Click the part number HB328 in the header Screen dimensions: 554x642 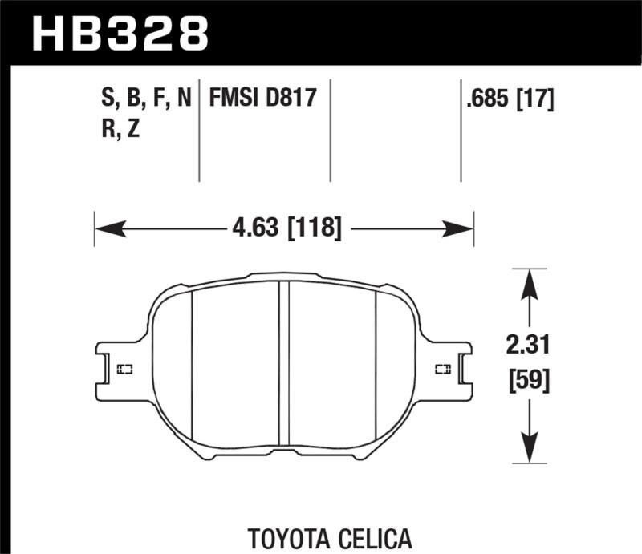click(x=119, y=34)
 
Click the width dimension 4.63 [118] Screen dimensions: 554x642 click(x=284, y=229)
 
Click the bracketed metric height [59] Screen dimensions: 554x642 click(x=527, y=382)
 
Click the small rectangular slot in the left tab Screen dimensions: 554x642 click(x=125, y=370)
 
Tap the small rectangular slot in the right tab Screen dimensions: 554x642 click(x=441, y=370)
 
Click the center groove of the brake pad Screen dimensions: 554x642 click(x=283, y=369)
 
